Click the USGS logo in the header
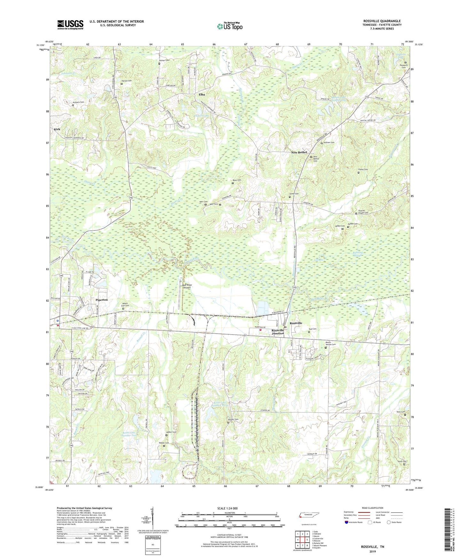(x=70, y=25)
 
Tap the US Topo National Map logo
(x=229, y=26)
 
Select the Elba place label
(x=202, y=95)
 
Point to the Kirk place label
(x=57, y=129)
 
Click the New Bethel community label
(x=299, y=152)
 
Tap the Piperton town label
(x=102, y=300)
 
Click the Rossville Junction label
(x=278, y=332)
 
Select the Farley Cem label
(x=363, y=169)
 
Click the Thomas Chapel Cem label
(x=363, y=212)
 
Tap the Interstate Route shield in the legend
(x=347, y=522)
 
